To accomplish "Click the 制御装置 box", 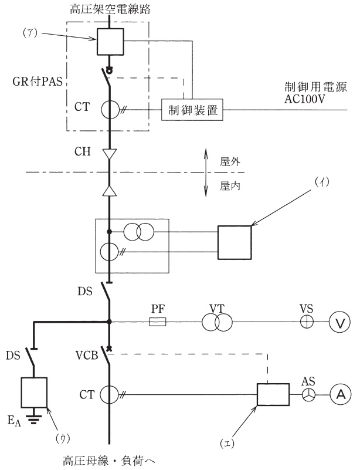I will (x=191, y=110).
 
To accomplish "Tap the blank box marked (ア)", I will (x=109, y=42).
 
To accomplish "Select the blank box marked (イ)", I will (x=234, y=242).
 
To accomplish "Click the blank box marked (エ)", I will (x=273, y=394).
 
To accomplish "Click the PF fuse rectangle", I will (x=158, y=322).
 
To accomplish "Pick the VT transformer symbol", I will (x=217, y=322).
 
